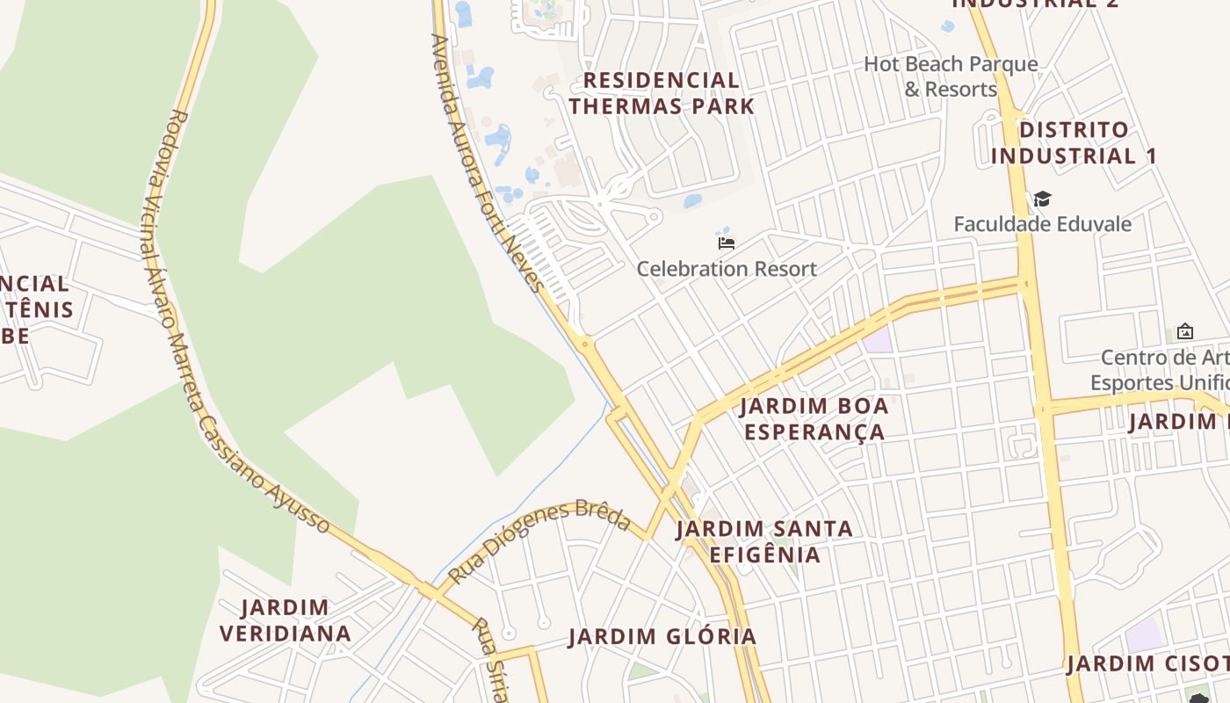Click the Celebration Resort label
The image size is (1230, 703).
point(727,269)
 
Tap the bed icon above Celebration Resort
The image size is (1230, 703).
point(727,243)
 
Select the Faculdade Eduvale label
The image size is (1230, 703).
point(1042,224)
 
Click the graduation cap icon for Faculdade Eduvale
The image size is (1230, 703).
point(1042,199)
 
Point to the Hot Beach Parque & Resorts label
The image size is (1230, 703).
point(951,76)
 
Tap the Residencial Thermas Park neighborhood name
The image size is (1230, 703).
point(661,93)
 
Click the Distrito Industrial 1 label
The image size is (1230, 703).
point(1074,143)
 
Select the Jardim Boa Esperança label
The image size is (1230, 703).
point(814,419)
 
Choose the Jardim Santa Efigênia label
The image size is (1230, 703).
point(764,541)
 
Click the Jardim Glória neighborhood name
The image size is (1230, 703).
point(662,637)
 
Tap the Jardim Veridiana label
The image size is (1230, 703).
point(286,620)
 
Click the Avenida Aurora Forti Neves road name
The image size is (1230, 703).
point(488,163)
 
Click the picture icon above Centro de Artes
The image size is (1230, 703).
point(1184,332)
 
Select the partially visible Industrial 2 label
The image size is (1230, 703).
point(1024,4)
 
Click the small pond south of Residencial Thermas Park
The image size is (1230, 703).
point(692,201)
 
